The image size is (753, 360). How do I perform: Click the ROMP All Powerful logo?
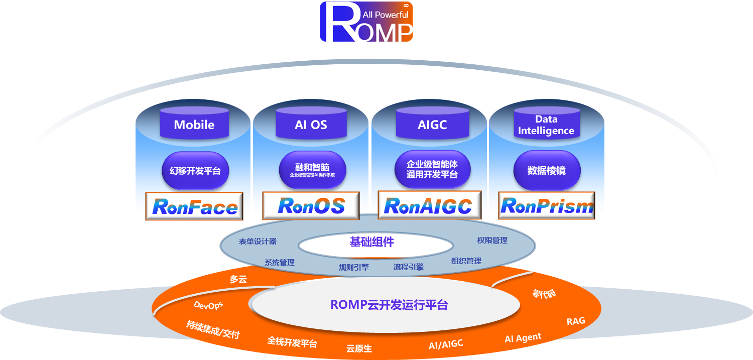(366, 22)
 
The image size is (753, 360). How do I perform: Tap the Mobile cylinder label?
(194, 125)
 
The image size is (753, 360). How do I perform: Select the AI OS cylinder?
(311, 125)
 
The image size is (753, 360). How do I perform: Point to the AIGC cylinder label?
(432, 125)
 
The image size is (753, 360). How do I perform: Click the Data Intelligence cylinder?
(546, 125)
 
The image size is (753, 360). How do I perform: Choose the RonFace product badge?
(194, 206)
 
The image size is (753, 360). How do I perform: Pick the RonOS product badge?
(311, 205)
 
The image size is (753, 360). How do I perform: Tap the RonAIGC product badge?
(429, 205)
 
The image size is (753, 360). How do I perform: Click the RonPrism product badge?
(547, 205)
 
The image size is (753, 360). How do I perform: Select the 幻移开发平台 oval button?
(195, 171)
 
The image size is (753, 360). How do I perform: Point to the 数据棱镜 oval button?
(546, 171)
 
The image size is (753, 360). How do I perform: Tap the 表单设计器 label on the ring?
(258, 242)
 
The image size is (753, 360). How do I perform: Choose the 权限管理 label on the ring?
(492, 241)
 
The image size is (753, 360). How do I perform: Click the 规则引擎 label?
(353, 268)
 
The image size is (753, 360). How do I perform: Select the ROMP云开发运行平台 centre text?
(389, 305)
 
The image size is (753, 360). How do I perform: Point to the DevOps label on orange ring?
(208, 305)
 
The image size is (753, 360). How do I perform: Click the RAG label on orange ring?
(575, 321)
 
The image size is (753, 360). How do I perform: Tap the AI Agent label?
(523, 338)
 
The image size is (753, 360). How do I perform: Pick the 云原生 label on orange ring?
(359, 348)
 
